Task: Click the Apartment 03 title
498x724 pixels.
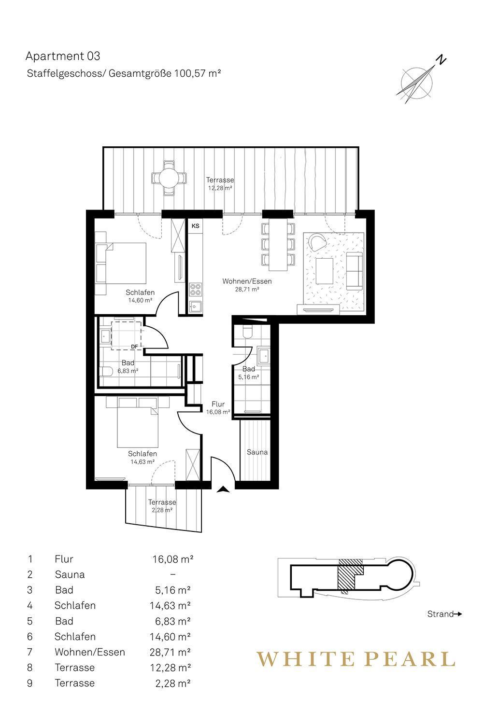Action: (x=63, y=56)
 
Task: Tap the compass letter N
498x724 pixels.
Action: (x=441, y=60)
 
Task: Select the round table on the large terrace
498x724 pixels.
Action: (x=169, y=178)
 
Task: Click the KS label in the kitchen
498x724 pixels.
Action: (x=195, y=226)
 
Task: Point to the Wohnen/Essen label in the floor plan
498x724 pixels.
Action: (x=247, y=281)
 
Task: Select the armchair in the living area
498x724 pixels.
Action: (x=317, y=242)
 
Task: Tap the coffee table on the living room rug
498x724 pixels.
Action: (x=324, y=270)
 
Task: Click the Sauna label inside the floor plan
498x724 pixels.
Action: (x=257, y=452)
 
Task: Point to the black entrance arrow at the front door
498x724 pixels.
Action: (x=224, y=490)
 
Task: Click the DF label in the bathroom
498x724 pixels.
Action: (x=135, y=347)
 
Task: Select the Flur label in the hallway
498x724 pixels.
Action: (x=218, y=404)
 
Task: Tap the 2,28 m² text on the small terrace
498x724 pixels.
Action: (x=162, y=510)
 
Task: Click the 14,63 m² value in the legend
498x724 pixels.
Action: (x=170, y=605)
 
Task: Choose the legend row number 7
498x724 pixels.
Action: (x=30, y=652)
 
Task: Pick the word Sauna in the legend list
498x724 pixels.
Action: (x=70, y=574)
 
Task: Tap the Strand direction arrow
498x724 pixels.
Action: (x=458, y=614)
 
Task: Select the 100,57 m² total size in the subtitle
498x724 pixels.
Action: (x=198, y=73)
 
